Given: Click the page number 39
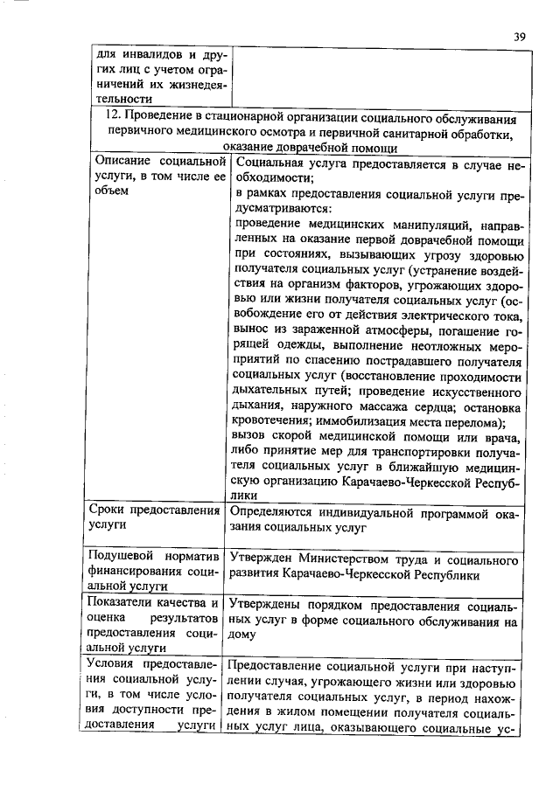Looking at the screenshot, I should tap(519, 36).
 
